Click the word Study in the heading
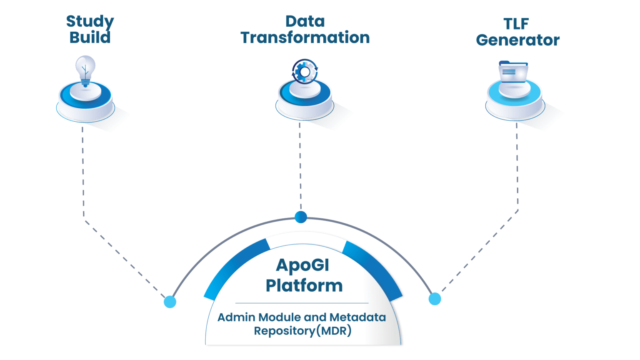point(90,22)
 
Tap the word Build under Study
point(90,37)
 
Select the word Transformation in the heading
point(305,38)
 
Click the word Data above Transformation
point(305,22)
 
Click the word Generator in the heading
point(517,40)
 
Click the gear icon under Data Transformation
point(305,71)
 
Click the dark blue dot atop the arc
point(300,217)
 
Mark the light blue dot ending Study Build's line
point(170,302)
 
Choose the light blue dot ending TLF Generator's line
point(435,299)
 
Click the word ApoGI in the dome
point(302,265)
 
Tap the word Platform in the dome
point(304,286)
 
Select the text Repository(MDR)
point(302,331)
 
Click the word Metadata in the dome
point(357,317)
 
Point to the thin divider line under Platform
point(302,303)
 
